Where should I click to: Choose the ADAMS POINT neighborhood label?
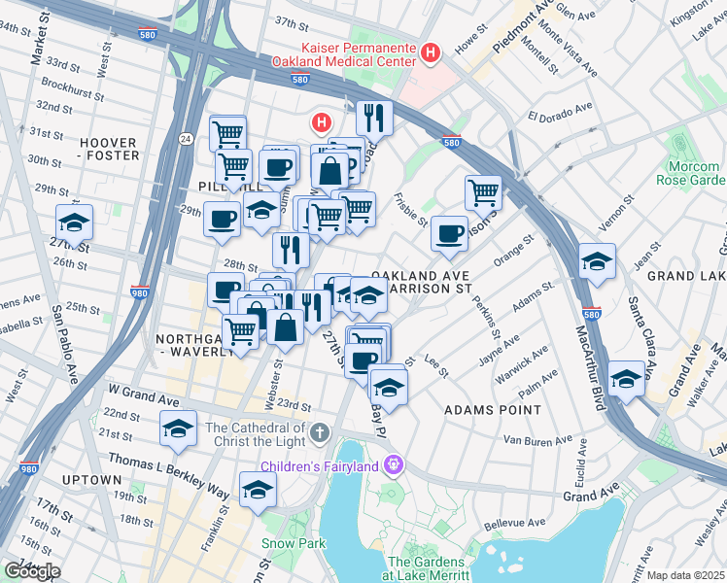[x=492, y=410]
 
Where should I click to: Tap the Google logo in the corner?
[x=31, y=571]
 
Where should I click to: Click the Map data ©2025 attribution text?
[x=684, y=575]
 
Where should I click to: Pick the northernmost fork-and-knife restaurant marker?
[x=374, y=118]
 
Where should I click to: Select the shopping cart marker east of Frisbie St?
[x=483, y=191]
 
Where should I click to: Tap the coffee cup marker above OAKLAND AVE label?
[x=448, y=232]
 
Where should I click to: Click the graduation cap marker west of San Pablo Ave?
[x=75, y=223]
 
